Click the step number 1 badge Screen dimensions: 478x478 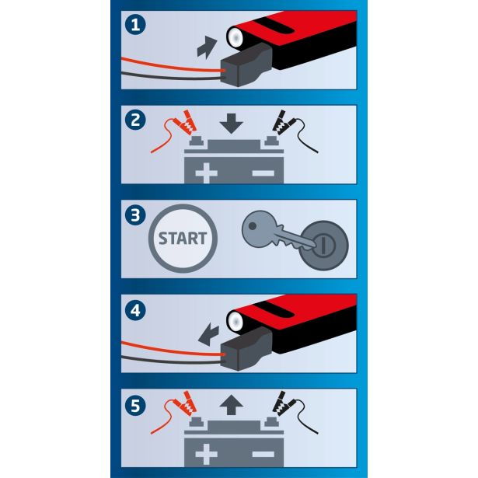tap(135, 25)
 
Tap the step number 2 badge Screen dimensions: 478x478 tap(135, 120)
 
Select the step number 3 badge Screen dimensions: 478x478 tap(135, 215)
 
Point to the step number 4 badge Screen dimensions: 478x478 tap(135, 310)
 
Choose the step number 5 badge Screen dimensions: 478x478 tap(135, 406)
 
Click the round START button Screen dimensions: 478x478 tap(183, 239)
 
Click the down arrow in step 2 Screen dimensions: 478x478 tap(232, 124)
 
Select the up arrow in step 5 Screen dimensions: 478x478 tap(232, 405)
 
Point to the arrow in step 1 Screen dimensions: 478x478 tap(207, 47)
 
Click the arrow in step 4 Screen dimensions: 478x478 tap(209, 335)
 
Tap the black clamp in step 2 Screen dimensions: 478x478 tap(282, 122)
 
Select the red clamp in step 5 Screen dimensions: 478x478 tap(185, 403)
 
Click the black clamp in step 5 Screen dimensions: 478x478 tap(282, 403)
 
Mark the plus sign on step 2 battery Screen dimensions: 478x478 tap(207, 173)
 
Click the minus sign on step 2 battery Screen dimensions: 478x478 tap(263, 173)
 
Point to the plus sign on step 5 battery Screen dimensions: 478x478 tap(207, 454)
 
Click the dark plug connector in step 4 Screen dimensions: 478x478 tap(246, 348)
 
